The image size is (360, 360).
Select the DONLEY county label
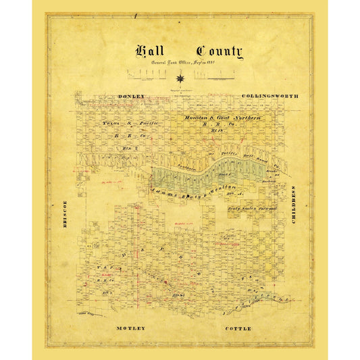point(131,97)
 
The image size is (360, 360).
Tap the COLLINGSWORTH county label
point(269,97)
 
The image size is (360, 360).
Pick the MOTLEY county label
point(130,328)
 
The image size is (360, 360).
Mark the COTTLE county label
point(237,328)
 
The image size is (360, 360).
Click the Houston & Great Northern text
point(223,118)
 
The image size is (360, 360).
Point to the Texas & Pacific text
point(129,124)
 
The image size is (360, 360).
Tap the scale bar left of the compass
point(148,72)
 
